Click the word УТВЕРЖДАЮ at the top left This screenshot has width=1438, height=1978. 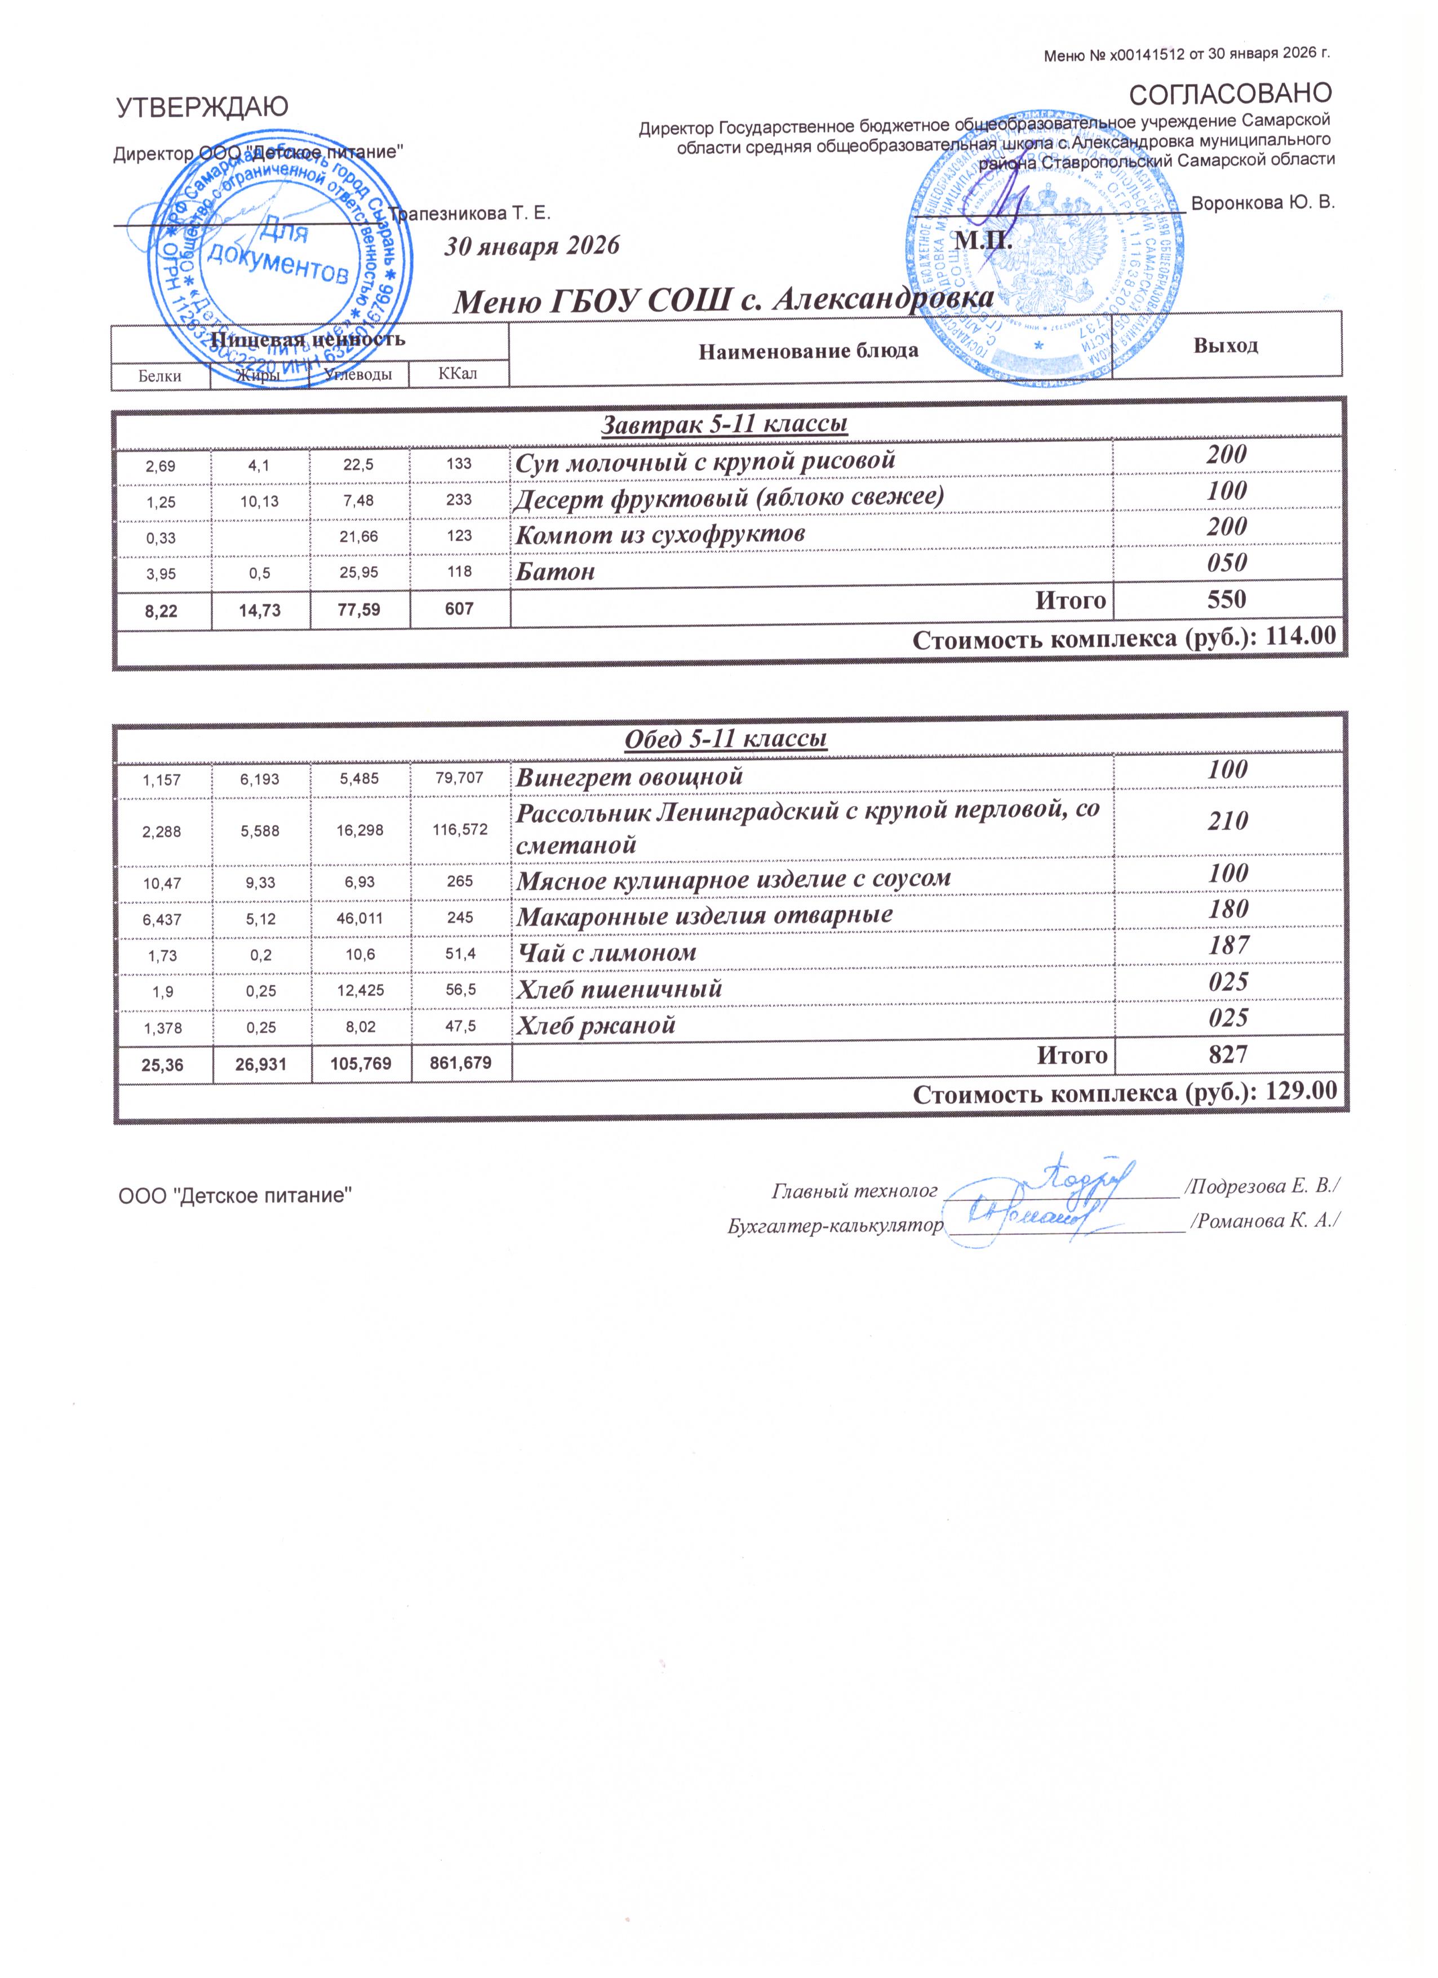[x=202, y=107]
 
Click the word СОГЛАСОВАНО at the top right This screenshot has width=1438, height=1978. [x=1231, y=92]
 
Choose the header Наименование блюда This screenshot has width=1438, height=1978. [x=809, y=352]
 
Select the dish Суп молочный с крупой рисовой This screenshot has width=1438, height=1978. [x=705, y=460]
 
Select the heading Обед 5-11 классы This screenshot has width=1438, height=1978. [x=726, y=739]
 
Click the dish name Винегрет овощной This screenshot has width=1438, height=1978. [x=629, y=776]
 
